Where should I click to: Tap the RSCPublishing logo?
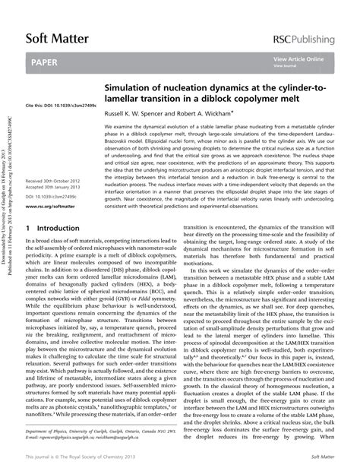tap(312, 40)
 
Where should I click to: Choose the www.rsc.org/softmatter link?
tap(50, 205)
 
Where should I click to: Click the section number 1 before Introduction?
tap(28, 228)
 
